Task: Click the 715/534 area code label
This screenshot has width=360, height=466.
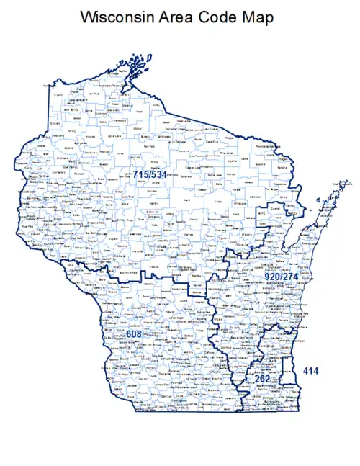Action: point(150,174)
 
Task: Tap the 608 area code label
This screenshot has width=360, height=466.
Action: point(135,336)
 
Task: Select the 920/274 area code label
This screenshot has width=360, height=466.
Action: point(281,277)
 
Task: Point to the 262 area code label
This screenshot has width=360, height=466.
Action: point(262,378)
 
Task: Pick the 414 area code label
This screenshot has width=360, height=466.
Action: point(310,370)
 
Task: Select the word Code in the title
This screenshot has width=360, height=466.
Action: point(225,17)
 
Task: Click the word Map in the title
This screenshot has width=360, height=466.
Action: point(262,17)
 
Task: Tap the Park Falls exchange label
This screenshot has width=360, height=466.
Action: point(149,146)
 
